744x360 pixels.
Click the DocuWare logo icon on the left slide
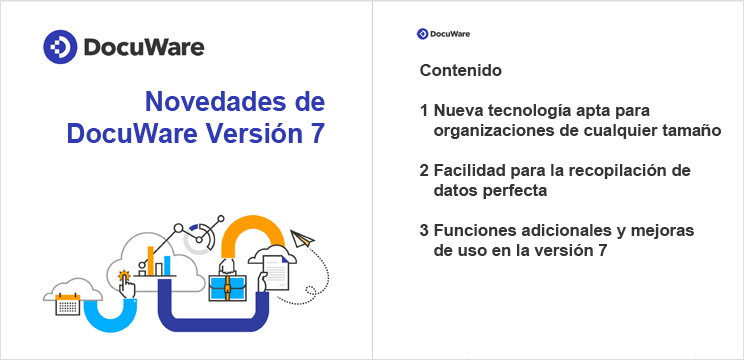[x=58, y=46]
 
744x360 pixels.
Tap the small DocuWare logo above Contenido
[x=422, y=33]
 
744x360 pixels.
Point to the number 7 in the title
[x=317, y=134]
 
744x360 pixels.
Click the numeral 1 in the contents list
[x=425, y=110]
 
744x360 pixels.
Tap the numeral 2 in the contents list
[x=425, y=170]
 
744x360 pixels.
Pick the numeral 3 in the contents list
[x=425, y=231]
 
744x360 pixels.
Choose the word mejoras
[x=662, y=231]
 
